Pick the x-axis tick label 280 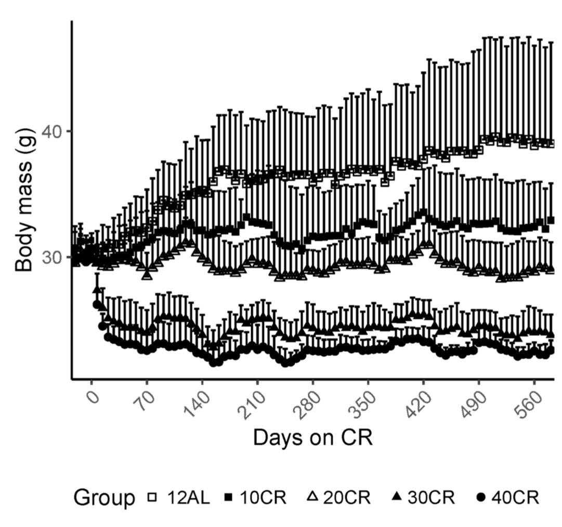pos(308,401)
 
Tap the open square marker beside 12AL pos(152,497)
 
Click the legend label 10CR pos(264,497)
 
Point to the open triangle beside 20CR pos(311,497)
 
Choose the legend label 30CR pos(432,497)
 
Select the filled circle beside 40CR pos(480,498)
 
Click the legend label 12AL pos(188,497)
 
